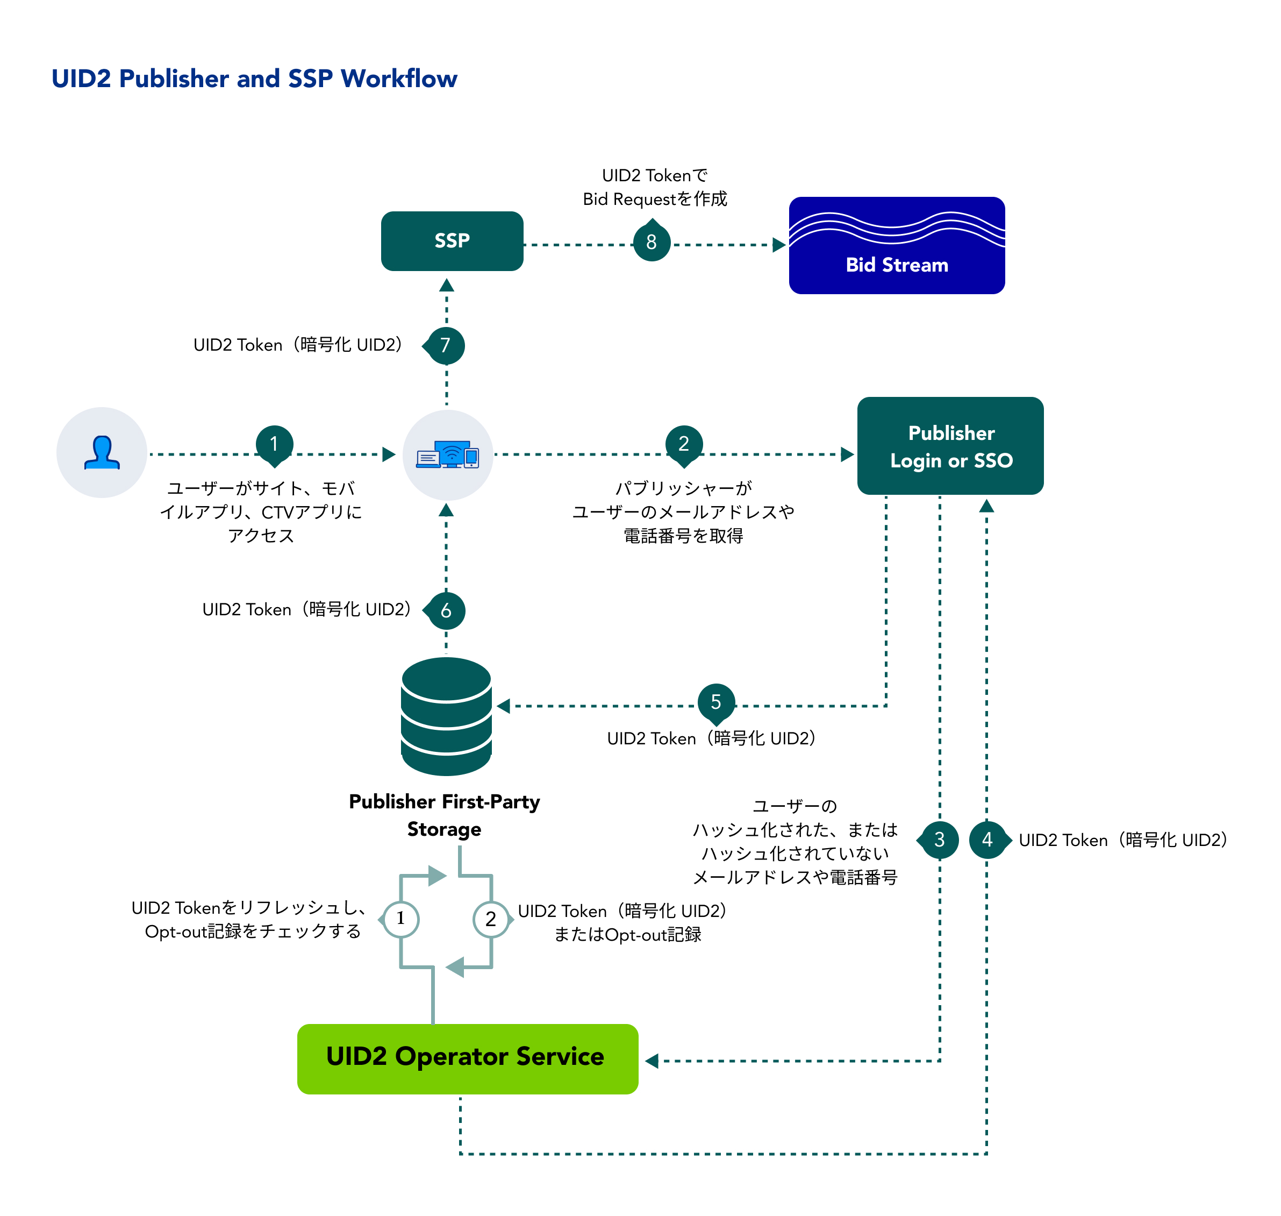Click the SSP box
(x=452, y=240)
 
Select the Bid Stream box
(x=896, y=245)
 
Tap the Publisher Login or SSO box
(x=950, y=446)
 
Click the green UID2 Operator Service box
(x=467, y=1058)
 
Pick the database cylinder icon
(x=446, y=716)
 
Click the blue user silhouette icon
(x=102, y=452)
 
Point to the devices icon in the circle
(x=447, y=454)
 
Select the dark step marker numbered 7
(x=445, y=345)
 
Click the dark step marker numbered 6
(x=446, y=610)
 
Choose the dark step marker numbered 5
(x=716, y=702)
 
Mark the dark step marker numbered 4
(x=987, y=840)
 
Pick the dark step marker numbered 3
(x=940, y=840)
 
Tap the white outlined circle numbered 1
(x=400, y=919)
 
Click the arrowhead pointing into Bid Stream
(x=779, y=245)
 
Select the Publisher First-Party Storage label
(x=445, y=815)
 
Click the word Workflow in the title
(x=399, y=79)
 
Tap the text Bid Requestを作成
(x=654, y=199)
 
